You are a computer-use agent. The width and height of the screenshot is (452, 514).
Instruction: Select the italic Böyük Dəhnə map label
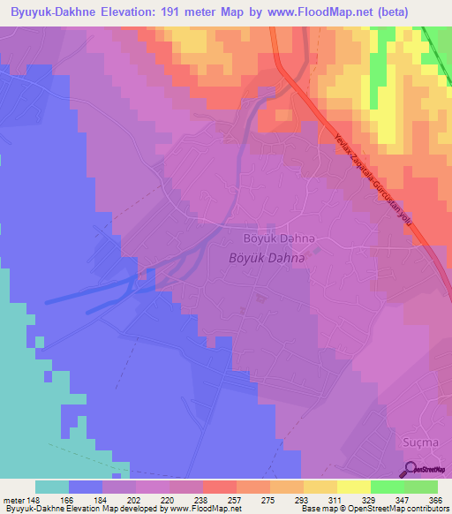point(267,257)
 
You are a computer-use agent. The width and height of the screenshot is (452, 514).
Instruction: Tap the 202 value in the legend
point(132,500)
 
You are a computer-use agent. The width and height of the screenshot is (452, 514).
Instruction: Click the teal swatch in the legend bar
point(52,487)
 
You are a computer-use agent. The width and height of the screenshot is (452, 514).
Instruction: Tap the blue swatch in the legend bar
point(86,487)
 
